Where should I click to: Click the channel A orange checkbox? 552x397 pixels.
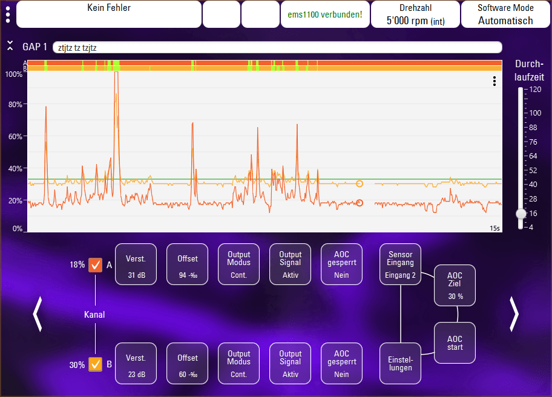point(95,265)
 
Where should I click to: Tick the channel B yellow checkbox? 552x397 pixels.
point(95,364)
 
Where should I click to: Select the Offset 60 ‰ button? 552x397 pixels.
point(187,364)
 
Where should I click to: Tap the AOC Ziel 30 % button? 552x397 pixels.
point(455,286)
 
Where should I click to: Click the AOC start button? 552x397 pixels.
point(455,343)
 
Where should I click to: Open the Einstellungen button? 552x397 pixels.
point(400,364)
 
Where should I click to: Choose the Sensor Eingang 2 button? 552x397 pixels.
point(400,264)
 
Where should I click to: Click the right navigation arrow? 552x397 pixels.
point(514,314)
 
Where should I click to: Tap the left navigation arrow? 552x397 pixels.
point(38,314)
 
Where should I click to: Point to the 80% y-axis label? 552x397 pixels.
point(15,105)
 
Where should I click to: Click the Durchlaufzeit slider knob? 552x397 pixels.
point(521,214)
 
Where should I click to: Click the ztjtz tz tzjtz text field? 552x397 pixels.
point(277,48)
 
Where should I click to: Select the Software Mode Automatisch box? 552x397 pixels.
point(505,15)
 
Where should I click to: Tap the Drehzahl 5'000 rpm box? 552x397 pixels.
point(415,15)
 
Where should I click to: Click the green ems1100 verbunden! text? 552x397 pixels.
point(325,15)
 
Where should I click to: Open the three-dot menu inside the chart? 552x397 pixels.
point(494,81)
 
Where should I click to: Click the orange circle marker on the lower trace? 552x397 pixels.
point(360,203)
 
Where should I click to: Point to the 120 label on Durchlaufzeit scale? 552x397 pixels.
point(535,90)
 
